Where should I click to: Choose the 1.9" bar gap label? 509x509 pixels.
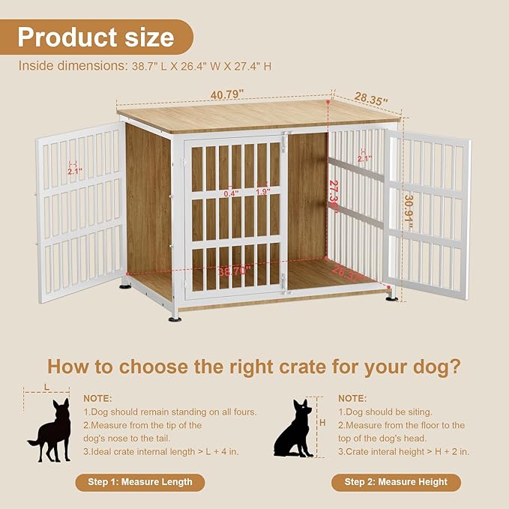point(262,193)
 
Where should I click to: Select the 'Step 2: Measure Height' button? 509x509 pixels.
point(396,482)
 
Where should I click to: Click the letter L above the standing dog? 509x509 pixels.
point(46,386)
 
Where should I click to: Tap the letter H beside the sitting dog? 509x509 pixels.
point(322,423)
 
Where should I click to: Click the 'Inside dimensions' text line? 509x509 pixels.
point(145,66)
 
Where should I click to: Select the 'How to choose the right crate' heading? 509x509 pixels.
point(254,367)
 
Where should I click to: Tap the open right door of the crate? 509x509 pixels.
point(427,214)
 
